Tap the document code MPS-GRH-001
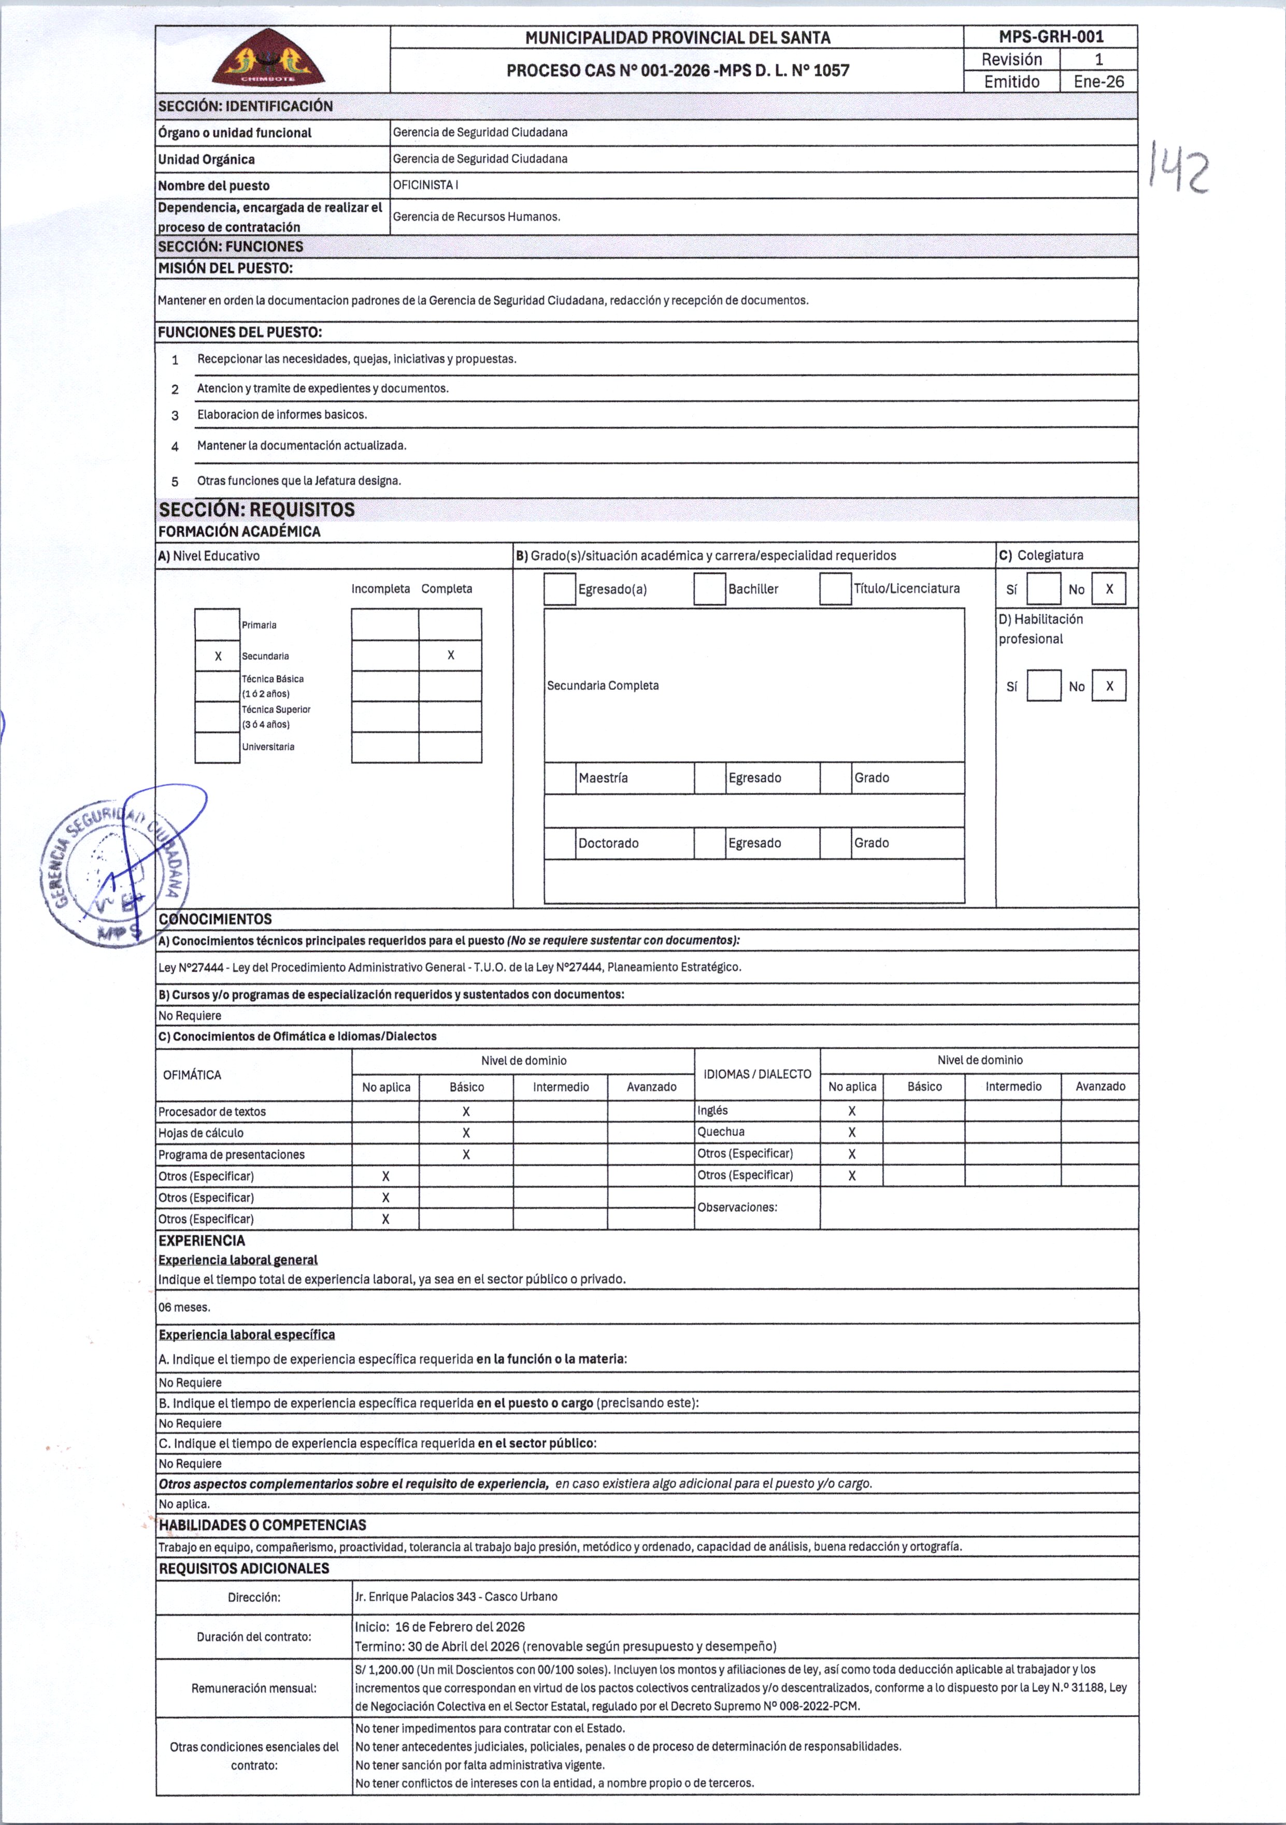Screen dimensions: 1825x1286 click(1051, 37)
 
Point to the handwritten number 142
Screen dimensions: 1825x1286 click(1179, 168)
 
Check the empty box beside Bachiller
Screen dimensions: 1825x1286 click(709, 589)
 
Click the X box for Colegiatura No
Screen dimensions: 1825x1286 click(1109, 589)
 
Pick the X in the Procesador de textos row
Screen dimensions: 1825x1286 click(466, 1112)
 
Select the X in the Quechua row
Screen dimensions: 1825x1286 click(852, 1133)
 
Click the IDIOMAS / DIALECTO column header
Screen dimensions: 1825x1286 click(757, 1074)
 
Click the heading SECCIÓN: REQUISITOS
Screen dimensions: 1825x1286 click(256, 510)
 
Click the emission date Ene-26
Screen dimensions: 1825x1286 click(1098, 82)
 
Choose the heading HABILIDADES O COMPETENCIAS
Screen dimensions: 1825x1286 click(263, 1525)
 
